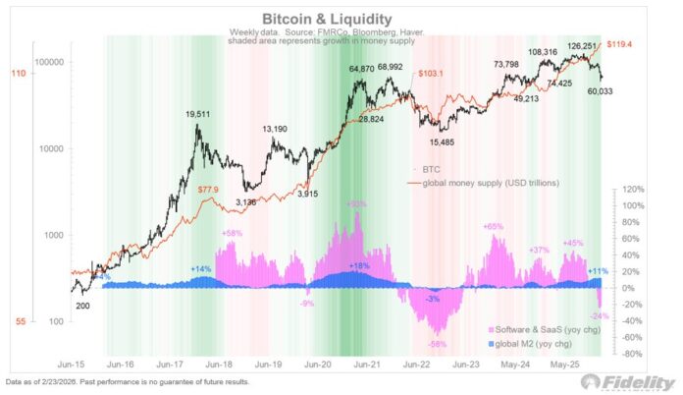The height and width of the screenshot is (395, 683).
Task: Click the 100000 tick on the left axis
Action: click(46, 62)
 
